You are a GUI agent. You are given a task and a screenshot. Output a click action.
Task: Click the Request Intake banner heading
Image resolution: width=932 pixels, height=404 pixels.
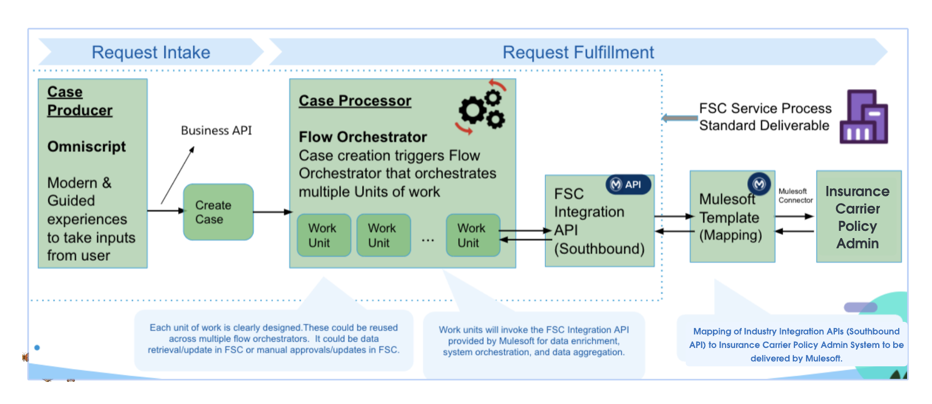(151, 52)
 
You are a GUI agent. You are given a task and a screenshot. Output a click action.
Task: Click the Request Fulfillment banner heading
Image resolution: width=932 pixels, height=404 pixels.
(578, 52)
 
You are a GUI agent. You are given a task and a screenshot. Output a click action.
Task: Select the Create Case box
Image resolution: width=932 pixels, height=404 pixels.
(218, 212)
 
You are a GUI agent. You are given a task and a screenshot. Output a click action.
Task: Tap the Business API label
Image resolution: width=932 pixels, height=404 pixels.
(216, 130)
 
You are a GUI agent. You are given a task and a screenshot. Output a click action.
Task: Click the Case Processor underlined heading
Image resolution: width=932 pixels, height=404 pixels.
(355, 100)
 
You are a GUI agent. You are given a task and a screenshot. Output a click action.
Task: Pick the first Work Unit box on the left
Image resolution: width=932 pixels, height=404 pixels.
(324, 235)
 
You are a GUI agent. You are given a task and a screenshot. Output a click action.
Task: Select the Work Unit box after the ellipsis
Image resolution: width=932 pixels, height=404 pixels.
(473, 235)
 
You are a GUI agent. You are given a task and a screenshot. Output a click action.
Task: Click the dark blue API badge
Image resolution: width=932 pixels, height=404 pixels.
(627, 184)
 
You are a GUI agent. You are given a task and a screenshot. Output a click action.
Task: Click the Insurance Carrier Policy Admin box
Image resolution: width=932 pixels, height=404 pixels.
(858, 216)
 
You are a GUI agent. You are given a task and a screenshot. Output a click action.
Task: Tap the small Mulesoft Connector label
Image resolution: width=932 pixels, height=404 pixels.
(795, 195)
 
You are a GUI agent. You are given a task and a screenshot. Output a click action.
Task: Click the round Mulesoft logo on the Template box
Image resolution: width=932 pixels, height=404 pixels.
(759, 184)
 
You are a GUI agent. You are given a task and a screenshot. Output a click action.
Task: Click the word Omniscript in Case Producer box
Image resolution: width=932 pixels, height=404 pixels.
(87, 147)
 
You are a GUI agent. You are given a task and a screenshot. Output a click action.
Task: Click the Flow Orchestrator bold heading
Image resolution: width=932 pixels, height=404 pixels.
(363, 137)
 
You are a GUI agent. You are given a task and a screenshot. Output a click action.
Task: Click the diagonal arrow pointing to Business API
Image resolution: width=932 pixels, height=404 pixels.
(178, 175)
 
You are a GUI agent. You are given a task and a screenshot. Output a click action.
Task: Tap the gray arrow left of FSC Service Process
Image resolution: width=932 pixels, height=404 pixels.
(680, 118)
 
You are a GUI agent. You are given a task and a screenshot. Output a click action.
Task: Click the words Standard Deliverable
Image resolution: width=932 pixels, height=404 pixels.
(764, 125)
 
